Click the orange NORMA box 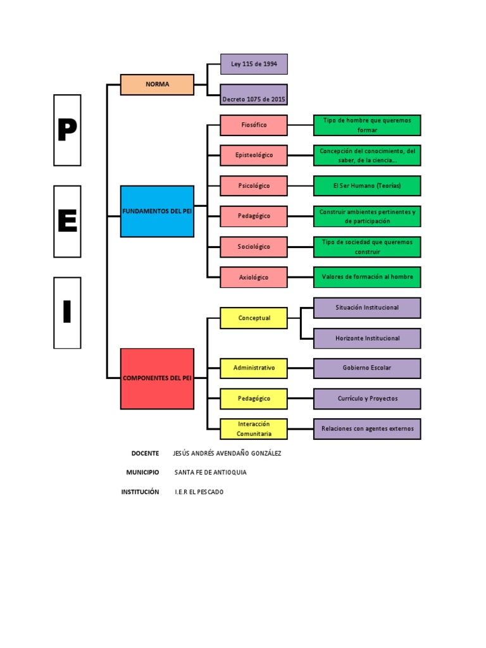pyautogui.click(x=157, y=84)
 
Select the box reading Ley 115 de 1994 pyautogui.click(x=254, y=64)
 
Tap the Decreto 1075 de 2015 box pyautogui.click(x=254, y=95)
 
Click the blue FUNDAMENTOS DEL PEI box pyautogui.click(x=157, y=211)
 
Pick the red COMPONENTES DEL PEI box pyautogui.click(x=157, y=378)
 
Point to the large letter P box pyautogui.click(x=67, y=130)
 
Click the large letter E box pyautogui.click(x=67, y=221)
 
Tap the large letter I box pyautogui.click(x=67, y=313)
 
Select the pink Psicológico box pyautogui.click(x=254, y=186)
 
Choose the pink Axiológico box pyautogui.click(x=254, y=277)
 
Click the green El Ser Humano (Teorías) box pyautogui.click(x=367, y=186)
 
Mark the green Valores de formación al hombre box pyautogui.click(x=367, y=277)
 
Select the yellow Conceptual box pyautogui.click(x=254, y=318)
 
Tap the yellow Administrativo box pyautogui.click(x=254, y=368)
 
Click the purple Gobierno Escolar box pyautogui.click(x=367, y=368)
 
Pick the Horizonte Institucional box pyautogui.click(x=367, y=339)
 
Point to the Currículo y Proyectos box pyautogui.click(x=367, y=399)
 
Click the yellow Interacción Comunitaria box pyautogui.click(x=254, y=429)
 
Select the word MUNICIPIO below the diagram pyautogui.click(x=142, y=473)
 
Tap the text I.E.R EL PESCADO pyautogui.click(x=199, y=492)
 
